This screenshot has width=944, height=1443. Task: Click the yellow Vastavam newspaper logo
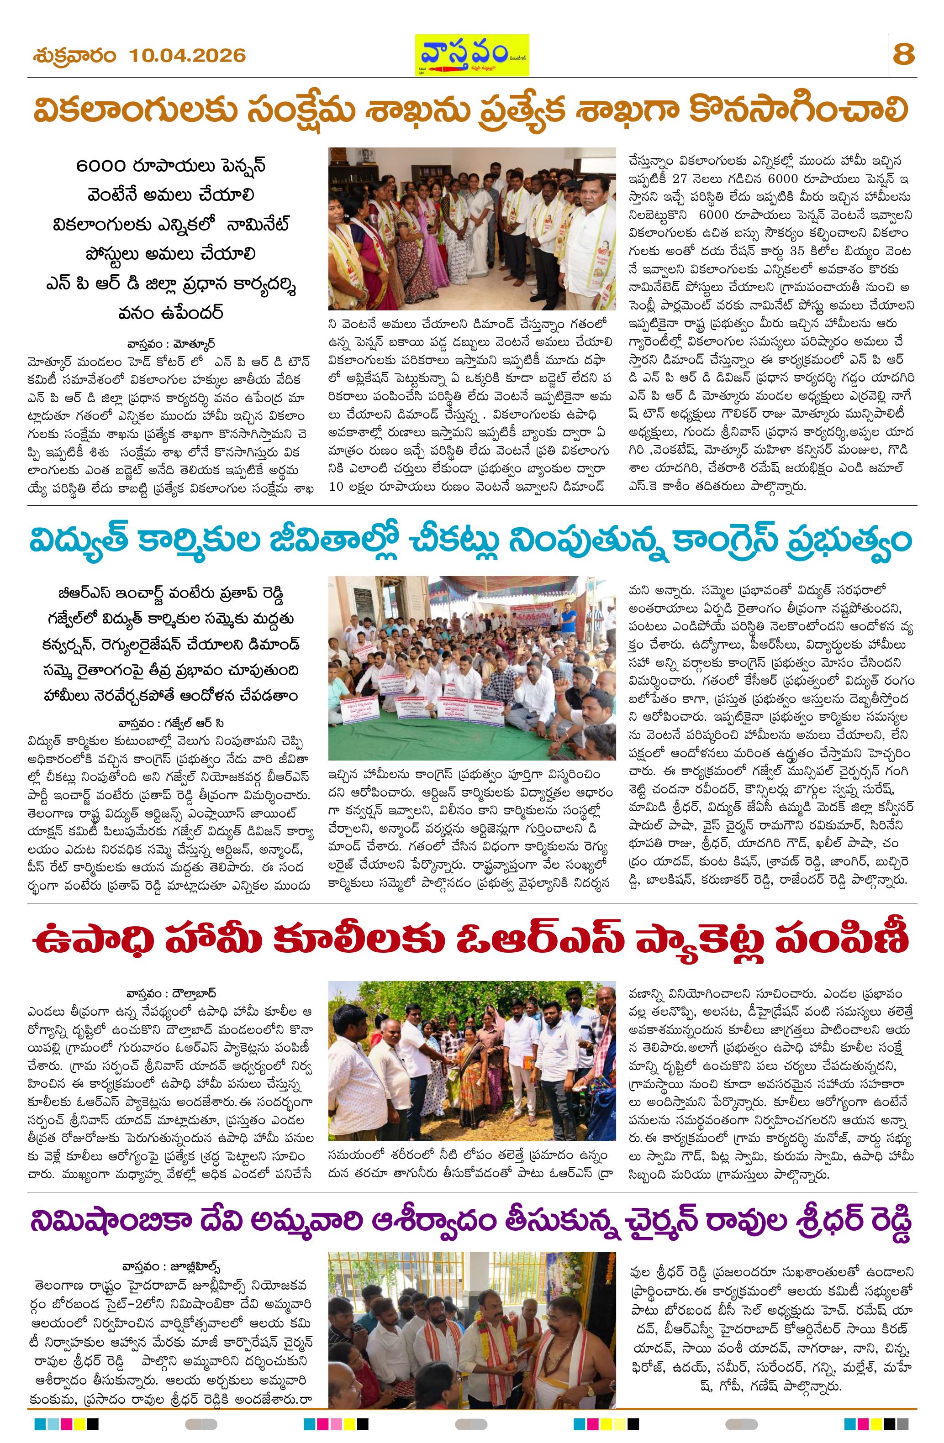click(x=471, y=55)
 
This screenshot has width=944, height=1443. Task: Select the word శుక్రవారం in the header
click(x=74, y=56)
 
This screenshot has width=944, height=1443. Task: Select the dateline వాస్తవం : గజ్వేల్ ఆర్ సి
click(x=172, y=723)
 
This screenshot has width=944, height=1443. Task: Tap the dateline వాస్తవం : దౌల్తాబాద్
click(x=172, y=994)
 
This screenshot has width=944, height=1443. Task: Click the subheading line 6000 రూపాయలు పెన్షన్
click(x=172, y=166)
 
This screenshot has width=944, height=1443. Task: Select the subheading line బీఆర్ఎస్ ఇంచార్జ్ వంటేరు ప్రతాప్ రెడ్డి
click(x=172, y=591)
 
